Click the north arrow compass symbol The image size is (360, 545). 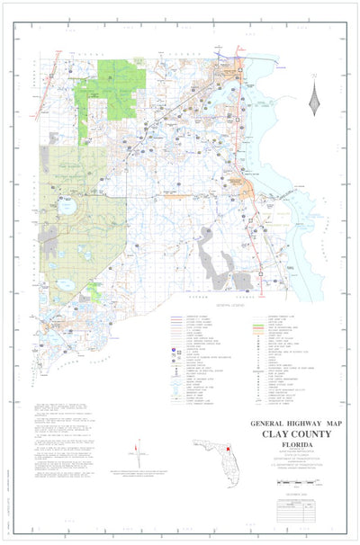pyautogui.click(x=314, y=96)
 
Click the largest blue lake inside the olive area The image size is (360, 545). pyautogui.click(x=67, y=206)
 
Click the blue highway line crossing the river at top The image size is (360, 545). pyautogui.click(x=241, y=67)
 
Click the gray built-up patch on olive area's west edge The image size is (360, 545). pyautogui.click(x=47, y=236)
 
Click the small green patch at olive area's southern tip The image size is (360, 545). pyautogui.click(x=94, y=290)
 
